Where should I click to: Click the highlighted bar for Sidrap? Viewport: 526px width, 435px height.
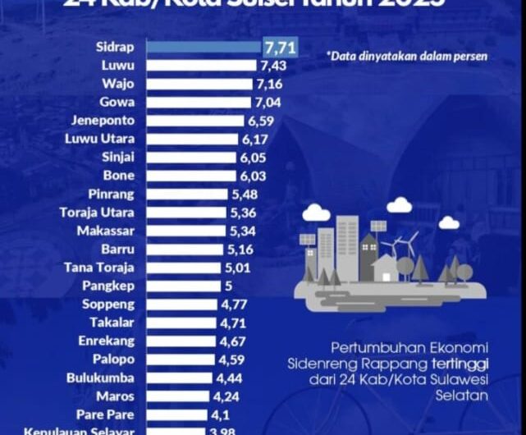click(x=205, y=47)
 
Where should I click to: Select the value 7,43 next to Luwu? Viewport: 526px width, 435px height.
click(x=274, y=65)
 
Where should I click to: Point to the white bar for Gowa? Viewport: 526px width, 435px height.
click(x=198, y=103)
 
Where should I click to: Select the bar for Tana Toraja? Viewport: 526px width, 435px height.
click(x=185, y=268)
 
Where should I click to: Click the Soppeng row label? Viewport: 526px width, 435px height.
click(x=111, y=304)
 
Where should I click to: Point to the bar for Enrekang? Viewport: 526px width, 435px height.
click(x=180, y=341)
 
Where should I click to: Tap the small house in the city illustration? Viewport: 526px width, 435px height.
click(x=385, y=268)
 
